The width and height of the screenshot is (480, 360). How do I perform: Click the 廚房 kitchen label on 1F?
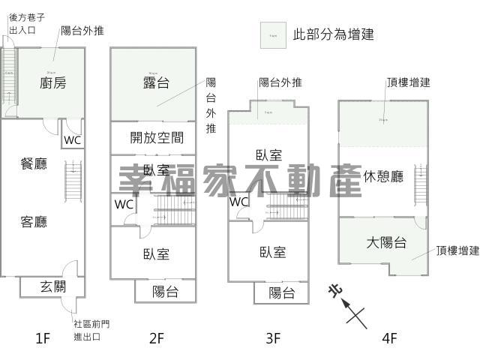pyautogui.click(x=52, y=83)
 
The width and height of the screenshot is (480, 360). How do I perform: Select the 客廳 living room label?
pyautogui.click(x=34, y=222)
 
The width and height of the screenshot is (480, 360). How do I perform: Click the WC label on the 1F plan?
pyautogui.click(x=72, y=140)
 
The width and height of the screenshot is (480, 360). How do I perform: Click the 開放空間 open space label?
pyautogui.click(x=157, y=138)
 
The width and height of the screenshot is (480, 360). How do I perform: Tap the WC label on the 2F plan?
pyautogui.click(x=124, y=203)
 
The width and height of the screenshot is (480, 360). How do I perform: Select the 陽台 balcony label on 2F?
pyautogui.click(x=165, y=291)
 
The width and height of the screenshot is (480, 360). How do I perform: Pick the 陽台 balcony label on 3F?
pyautogui.click(x=281, y=292)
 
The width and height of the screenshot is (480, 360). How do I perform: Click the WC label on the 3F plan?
pyautogui.click(x=238, y=202)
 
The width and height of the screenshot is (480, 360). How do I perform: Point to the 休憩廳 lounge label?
pyautogui.click(x=383, y=177)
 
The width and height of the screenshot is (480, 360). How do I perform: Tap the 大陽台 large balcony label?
pyautogui.click(x=386, y=242)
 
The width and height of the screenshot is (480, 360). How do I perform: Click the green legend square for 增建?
pyautogui.click(x=272, y=35)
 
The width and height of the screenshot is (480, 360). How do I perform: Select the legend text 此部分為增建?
pyautogui.click(x=333, y=34)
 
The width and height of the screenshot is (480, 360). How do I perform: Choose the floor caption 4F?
pyautogui.click(x=388, y=338)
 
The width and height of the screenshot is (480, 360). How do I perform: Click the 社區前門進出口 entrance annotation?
pyautogui.click(x=91, y=330)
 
